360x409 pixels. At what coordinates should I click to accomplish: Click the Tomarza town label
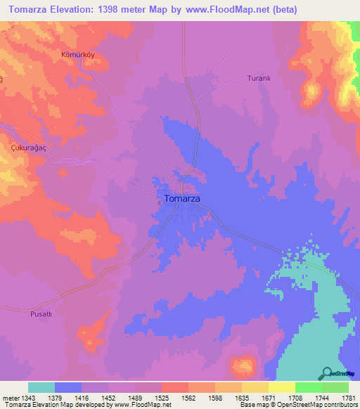tap(181, 199)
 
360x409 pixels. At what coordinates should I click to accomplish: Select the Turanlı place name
tap(259, 79)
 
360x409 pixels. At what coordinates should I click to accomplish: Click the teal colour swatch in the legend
tap(41, 387)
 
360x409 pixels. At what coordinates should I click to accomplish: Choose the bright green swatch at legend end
tap(335, 387)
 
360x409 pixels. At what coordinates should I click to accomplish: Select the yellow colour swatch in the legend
tap(281, 387)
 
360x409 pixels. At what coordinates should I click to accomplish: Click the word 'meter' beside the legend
tap(9, 397)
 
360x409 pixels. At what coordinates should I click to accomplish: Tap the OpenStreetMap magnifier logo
tap(326, 372)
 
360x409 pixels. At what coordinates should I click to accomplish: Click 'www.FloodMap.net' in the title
tap(226, 10)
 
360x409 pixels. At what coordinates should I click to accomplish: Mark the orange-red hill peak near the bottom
tap(243, 365)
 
